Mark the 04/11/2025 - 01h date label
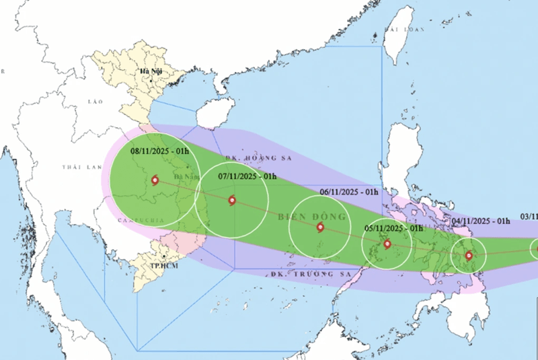[481, 220]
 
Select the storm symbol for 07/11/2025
[232, 200]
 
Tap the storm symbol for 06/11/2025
[319, 227]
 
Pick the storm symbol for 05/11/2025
[387, 244]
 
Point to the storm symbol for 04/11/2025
[469, 255]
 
